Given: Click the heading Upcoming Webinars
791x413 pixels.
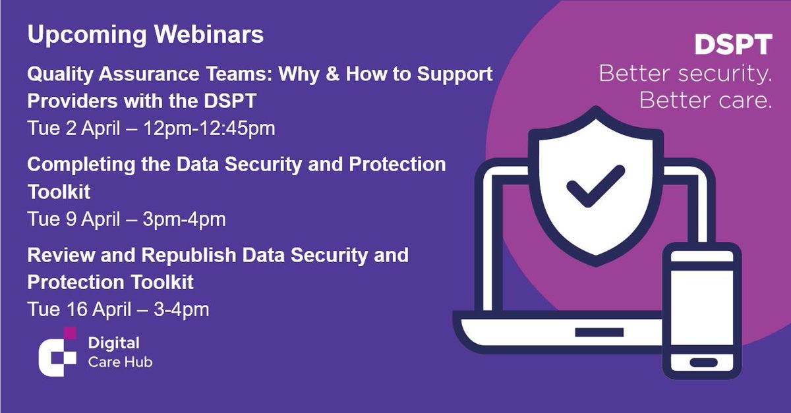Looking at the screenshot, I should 145,34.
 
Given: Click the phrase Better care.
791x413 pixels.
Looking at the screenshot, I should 705,101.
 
